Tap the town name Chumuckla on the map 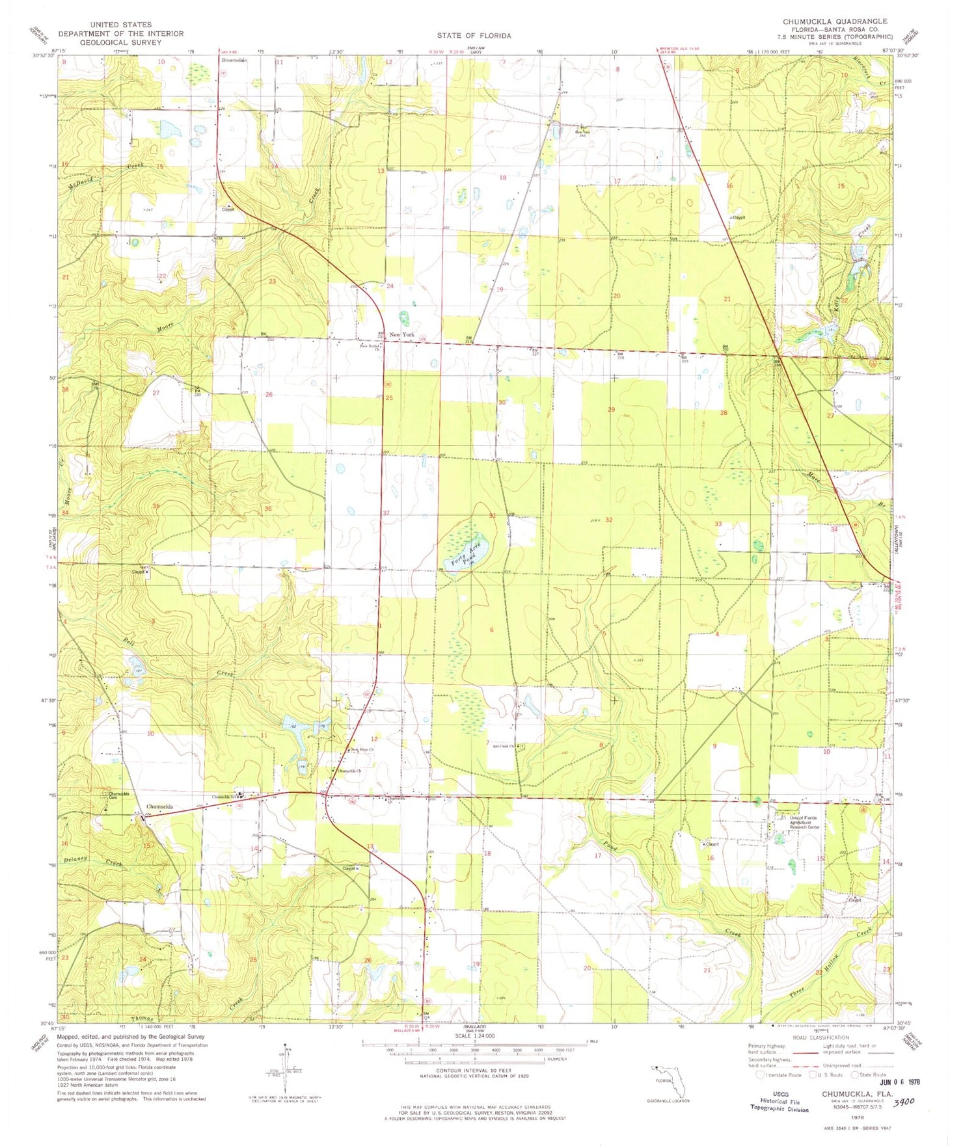point(159,806)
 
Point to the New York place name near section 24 point(401,335)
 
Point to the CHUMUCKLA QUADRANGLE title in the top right point(835,21)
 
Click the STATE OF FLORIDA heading point(474,36)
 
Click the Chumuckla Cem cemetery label point(118,795)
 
